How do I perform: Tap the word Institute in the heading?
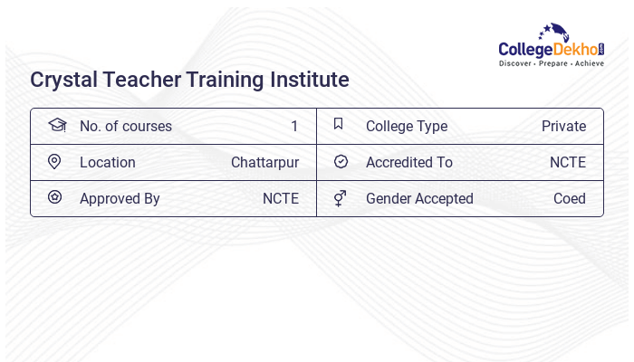[306, 80]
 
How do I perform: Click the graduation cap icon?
[56, 125]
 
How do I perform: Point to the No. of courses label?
[125, 127]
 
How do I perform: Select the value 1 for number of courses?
[294, 127]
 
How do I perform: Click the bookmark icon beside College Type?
[339, 125]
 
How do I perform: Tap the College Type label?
[407, 127]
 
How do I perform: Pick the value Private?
[563, 127]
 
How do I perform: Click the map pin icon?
[54, 162]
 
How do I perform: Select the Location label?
[108, 163]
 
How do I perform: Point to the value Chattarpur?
[264, 163]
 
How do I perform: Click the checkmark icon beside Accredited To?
[341, 162]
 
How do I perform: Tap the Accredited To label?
[409, 163]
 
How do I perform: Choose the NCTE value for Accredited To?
[568, 163]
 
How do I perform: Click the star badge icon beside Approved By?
[54, 197]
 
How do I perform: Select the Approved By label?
[120, 199]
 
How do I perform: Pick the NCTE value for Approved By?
[281, 199]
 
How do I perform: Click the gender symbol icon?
[340, 198]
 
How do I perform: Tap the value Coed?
[570, 199]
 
